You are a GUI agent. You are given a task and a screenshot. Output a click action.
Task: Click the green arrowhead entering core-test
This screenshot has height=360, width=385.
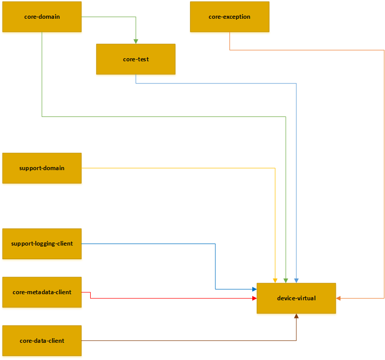(136, 41)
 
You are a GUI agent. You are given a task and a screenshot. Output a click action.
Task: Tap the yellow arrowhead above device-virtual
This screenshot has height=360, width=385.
(275, 280)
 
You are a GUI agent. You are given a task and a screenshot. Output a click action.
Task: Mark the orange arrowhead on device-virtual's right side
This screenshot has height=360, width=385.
(338, 298)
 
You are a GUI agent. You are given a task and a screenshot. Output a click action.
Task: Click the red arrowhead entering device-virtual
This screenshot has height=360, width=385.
(254, 298)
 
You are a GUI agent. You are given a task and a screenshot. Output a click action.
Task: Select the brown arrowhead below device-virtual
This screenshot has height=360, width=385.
(296, 316)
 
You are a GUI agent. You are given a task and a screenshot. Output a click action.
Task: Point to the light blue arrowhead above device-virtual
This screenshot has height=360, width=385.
(296, 280)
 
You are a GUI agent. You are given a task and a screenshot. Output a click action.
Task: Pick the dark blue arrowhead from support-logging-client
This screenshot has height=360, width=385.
(254, 289)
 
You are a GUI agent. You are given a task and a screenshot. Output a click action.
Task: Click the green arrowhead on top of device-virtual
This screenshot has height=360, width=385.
(286, 280)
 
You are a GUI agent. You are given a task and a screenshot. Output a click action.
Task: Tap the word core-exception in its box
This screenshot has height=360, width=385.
(229, 17)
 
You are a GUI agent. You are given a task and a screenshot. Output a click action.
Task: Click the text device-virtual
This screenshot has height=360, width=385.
(296, 298)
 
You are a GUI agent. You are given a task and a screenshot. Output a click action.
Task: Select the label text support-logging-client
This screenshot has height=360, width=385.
(42, 244)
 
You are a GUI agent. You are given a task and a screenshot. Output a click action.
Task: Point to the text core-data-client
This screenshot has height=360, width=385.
(42, 341)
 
